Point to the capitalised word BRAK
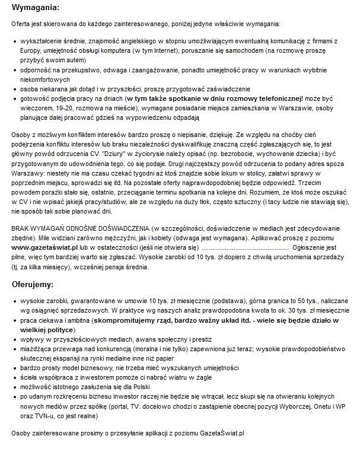[x=21, y=227]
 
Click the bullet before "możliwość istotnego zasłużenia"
[x=15, y=386]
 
